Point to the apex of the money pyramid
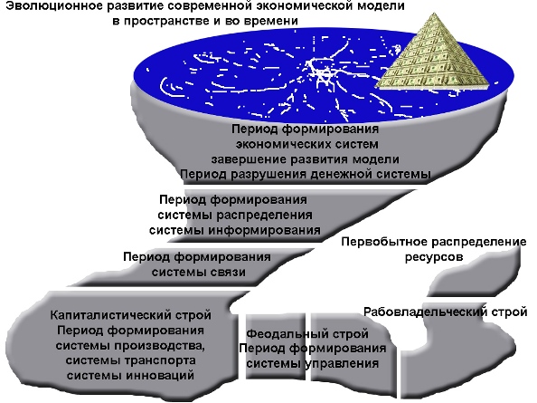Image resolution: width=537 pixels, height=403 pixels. (435, 14)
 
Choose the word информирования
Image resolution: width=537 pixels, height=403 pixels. (264, 230)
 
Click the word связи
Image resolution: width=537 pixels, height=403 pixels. (227, 273)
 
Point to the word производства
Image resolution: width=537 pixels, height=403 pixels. (160, 345)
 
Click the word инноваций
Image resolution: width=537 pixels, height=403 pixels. (160, 375)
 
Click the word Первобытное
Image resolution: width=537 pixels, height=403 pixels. (384, 242)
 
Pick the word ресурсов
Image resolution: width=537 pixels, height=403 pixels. (434, 257)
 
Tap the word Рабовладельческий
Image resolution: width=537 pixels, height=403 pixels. (426, 312)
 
